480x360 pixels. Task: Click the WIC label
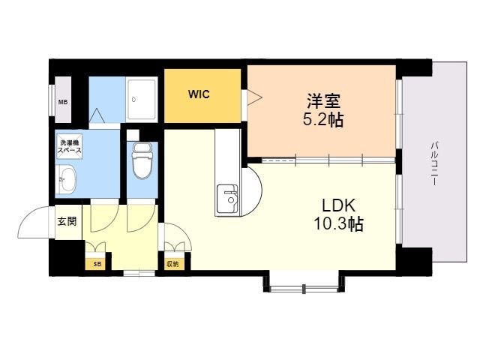point(199,94)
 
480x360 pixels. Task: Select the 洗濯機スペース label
point(70,146)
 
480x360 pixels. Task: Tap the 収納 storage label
point(173,263)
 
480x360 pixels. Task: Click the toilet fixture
point(140,160)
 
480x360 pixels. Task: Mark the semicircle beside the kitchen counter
point(251,187)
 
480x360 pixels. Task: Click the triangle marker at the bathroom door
point(97,116)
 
